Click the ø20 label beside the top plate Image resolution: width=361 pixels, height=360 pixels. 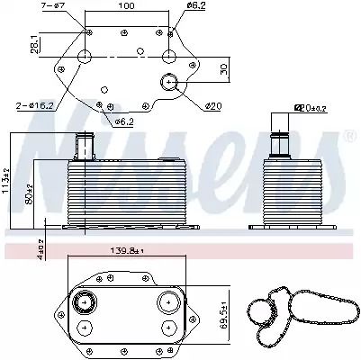212,106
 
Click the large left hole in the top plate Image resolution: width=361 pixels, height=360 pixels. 85,58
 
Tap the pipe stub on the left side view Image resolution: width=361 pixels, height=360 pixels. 87,144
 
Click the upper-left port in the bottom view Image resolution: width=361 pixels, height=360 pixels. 86,301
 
